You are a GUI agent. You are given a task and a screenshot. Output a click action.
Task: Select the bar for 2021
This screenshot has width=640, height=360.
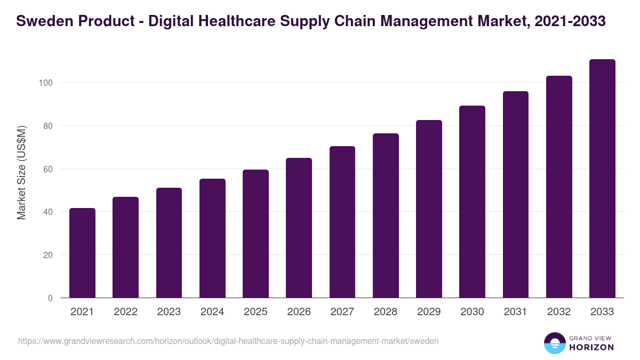pos(82,253)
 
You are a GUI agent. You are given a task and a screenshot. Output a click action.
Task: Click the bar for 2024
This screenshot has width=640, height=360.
pos(212,238)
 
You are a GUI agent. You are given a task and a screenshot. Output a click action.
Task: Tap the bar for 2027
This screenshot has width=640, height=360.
pos(342,222)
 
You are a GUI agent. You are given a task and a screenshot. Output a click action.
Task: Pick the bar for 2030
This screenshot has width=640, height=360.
pos(472,202)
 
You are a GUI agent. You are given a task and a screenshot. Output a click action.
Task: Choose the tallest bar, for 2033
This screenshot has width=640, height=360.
pos(602,179)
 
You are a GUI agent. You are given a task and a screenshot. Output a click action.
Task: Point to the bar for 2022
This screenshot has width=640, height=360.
pos(125,247)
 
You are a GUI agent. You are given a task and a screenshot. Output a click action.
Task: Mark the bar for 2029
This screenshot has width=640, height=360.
pos(429,209)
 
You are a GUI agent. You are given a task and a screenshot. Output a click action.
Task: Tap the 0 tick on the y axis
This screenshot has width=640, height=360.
pos(50,298)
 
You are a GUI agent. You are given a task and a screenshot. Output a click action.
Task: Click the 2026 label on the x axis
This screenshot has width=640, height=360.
pos(299,312)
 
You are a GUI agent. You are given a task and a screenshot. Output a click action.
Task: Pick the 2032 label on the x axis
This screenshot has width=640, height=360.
pos(559,312)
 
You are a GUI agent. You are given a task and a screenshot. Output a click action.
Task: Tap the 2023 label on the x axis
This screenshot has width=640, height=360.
pos(169,312)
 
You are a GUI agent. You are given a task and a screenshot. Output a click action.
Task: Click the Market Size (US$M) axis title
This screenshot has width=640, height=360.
pos(21,172)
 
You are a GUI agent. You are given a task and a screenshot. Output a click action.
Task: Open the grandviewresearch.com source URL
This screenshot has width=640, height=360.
pos(228,341)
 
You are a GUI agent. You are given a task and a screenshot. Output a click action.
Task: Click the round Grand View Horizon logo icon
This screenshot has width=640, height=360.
pos(554,343)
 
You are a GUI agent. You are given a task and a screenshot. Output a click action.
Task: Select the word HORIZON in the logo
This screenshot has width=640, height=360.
pos(591,347)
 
